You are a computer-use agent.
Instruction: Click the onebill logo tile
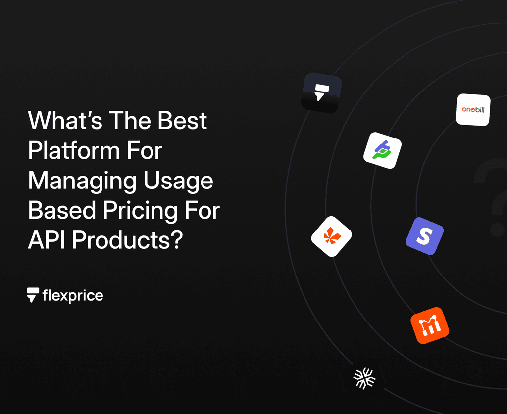coord(473,109)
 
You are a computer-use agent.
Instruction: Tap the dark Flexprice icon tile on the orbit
coord(321,92)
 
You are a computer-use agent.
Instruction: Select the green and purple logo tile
coord(382,150)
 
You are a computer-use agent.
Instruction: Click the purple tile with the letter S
coord(424,236)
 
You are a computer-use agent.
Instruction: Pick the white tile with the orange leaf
coord(331,236)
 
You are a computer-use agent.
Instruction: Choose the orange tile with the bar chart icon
coord(429,325)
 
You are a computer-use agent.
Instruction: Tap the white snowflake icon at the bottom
coord(364,379)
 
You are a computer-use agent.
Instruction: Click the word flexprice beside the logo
coord(73,296)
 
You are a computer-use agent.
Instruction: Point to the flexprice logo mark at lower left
coord(33,295)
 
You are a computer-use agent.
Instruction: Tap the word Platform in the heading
coord(80,151)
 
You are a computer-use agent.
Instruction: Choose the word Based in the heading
coord(62,211)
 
